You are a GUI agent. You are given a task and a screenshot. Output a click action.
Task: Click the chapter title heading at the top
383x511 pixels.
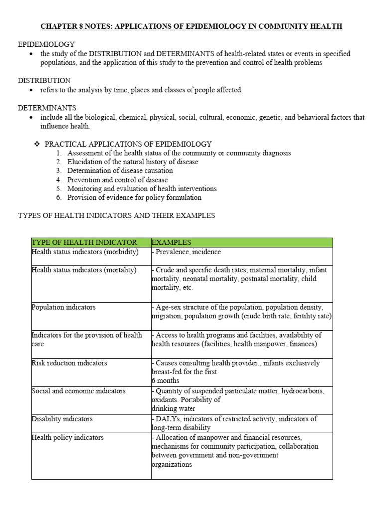coord(191,26)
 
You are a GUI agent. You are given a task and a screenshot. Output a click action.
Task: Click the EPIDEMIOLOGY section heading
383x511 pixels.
coord(46,44)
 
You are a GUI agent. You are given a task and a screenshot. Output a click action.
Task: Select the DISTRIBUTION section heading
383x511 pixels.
coord(44,80)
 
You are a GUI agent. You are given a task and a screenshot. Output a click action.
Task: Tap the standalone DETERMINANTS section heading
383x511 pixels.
coord(47,108)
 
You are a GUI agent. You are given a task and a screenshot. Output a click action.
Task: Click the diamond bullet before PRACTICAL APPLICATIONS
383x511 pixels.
coord(37,144)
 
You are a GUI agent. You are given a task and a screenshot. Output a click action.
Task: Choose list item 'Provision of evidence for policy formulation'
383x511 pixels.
coord(134,197)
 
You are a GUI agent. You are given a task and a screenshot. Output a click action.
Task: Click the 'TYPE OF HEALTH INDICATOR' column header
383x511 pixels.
coord(84,242)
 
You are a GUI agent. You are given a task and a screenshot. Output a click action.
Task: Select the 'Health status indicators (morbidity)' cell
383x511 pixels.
coord(85,252)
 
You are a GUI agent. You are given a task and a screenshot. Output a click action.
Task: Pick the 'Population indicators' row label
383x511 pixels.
coord(63,307)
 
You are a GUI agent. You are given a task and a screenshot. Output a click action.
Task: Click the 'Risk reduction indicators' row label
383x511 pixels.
coord(69,363)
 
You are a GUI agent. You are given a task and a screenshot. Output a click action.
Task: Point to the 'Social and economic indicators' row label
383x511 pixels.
coord(78,391)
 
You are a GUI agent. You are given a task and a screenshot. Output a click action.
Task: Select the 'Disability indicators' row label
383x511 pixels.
coord(62,419)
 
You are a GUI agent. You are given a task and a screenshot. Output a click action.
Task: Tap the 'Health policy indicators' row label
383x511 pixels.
coord(67,437)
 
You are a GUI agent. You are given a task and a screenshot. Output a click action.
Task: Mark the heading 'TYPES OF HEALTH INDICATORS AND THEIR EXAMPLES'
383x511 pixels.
coord(117,216)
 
